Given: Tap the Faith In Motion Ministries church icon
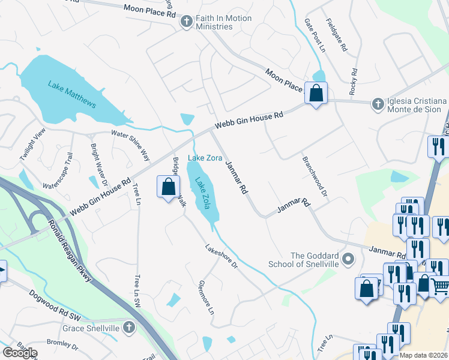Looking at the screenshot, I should [x=187, y=22].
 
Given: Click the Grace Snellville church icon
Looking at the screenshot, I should [x=128, y=328].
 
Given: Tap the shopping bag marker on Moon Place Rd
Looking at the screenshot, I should [x=315, y=94].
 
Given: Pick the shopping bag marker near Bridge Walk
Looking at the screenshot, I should [x=169, y=187].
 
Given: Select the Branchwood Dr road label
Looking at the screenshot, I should [x=315, y=178].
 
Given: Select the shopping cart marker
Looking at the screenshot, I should [x=440, y=289].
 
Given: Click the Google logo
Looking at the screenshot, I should [x=20, y=353].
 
